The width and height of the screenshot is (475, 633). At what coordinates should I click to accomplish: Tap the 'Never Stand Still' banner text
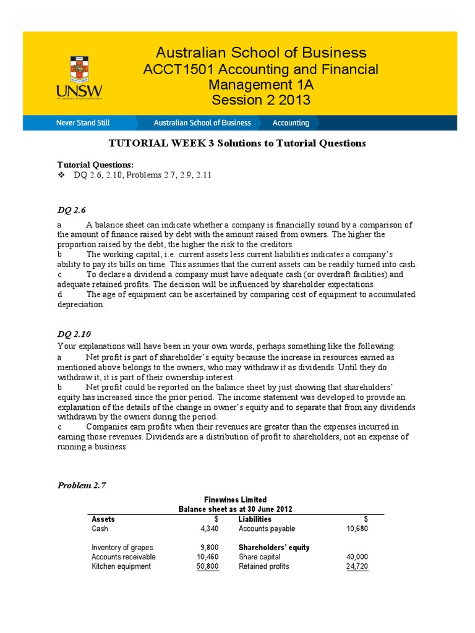tap(83, 122)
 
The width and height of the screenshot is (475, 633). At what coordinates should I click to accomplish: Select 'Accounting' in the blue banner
tap(291, 122)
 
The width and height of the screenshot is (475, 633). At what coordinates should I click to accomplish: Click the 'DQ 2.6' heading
tap(71, 211)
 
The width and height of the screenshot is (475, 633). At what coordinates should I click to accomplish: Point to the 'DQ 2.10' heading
tap(73, 334)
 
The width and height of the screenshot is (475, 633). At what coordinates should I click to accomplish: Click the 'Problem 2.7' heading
tap(82, 485)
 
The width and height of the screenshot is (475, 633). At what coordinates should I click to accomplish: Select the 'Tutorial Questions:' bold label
tap(95, 164)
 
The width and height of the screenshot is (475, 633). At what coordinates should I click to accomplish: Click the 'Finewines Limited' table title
tap(236, 499)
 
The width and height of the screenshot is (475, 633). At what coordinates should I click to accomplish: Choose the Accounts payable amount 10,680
tap(357, 529)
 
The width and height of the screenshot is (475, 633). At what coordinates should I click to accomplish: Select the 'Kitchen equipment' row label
tap(121, 566)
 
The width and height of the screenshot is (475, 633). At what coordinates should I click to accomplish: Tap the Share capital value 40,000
tap(357, 557)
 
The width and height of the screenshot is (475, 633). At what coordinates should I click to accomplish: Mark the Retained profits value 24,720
tap(357, 566)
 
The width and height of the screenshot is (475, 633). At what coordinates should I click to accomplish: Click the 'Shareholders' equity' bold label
tap(274, 548)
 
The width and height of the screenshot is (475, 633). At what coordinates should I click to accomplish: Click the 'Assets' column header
tap(103, 519)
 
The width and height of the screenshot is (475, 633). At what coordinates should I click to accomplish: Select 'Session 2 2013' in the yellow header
tap(260, 100)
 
